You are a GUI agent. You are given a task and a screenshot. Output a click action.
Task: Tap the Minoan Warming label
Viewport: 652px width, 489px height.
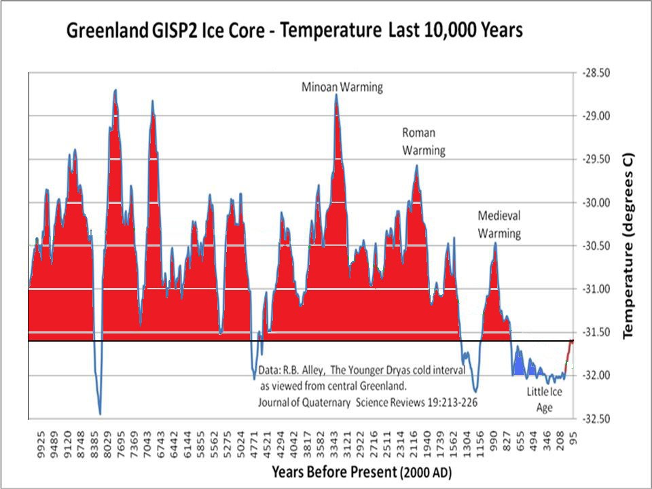[342, 87]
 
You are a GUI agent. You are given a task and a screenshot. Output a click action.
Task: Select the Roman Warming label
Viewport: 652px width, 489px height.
[423, 141]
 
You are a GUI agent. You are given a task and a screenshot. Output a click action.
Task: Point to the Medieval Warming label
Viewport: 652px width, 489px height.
[499, 224]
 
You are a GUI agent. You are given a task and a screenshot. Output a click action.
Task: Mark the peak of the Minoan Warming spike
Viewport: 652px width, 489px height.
[336, 95]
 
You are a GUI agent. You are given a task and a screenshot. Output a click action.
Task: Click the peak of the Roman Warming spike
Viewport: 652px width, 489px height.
[417, 165]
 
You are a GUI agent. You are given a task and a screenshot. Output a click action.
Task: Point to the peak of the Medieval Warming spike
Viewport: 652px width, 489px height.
[496, 242]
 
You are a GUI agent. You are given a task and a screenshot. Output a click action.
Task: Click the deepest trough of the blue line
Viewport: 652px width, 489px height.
[100, 414]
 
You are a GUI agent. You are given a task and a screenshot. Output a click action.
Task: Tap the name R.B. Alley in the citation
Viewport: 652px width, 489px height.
[306, 372]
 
